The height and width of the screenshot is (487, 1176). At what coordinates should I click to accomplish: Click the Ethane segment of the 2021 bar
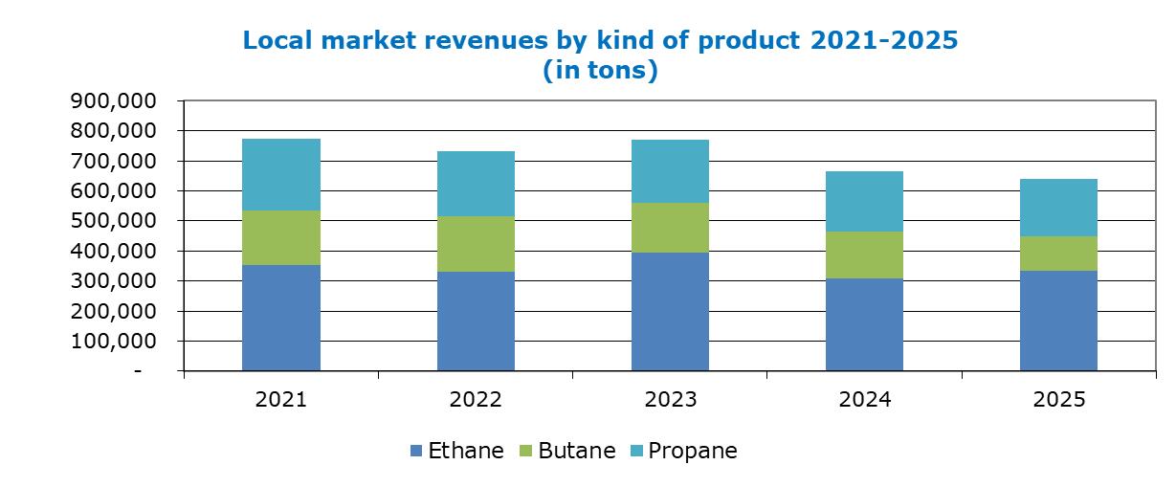coord(281,318)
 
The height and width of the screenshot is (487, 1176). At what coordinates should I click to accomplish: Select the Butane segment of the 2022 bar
coord(476,243)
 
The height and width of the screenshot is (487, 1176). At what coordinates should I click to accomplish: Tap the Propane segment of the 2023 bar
coord(670,171)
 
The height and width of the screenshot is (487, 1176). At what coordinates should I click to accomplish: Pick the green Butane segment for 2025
coord(1058,254)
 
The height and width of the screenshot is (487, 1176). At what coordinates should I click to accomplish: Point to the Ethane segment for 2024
coord(864,324)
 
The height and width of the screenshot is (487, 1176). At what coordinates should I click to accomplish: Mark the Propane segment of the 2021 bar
coord(281,174)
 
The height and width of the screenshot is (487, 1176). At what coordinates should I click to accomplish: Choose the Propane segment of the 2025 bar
coord(1058,208)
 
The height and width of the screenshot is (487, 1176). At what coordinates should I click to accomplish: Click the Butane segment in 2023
coord(670,227)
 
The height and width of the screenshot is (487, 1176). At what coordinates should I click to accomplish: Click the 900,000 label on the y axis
coord(114,100)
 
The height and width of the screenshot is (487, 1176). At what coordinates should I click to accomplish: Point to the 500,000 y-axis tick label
coord(114,221)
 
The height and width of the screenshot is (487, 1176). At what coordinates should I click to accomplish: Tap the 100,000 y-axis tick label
coord(114,342)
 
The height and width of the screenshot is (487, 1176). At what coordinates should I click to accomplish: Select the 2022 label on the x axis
coord(476,400)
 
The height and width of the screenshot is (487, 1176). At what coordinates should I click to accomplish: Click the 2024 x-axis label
coord(865,400)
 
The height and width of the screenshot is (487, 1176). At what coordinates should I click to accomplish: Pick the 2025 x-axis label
coord(1059,400)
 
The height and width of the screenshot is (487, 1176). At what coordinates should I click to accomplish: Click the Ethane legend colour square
coord(416,451)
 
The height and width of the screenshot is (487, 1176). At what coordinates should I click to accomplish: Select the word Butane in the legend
coord(577,451)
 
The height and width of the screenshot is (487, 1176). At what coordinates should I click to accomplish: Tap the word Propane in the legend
coord(693,452)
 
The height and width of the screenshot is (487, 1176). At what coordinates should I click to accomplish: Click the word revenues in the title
coord(486,40)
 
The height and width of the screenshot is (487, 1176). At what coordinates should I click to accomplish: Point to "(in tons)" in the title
coord(600,70)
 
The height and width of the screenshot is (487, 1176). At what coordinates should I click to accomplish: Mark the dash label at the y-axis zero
coord(138,371)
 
